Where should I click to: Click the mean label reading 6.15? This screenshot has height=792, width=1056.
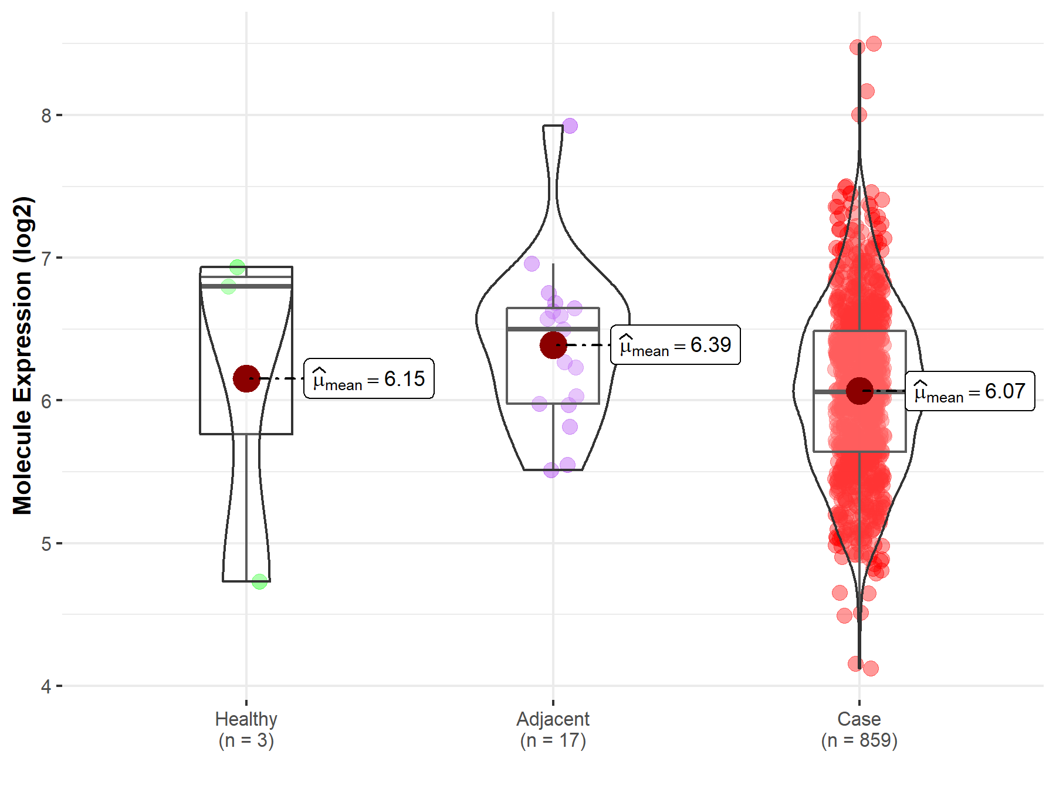[369, 379]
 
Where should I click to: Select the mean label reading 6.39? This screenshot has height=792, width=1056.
[675, 345]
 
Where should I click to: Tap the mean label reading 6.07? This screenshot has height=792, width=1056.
[970, 391]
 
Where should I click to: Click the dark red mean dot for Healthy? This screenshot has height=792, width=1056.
[246, 378]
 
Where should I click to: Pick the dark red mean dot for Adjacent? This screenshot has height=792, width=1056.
[553, 345]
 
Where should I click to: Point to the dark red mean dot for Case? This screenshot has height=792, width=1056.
[859, 391]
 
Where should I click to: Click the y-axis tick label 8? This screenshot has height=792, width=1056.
[46, 116]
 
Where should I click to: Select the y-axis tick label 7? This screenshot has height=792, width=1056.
[46, 258]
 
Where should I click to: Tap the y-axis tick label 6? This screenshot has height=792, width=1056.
[46, 401]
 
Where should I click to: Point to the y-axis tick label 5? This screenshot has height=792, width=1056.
[46, 544]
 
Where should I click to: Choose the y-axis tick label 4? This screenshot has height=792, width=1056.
[46, 686]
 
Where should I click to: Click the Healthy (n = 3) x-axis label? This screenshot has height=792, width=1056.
[246, 730]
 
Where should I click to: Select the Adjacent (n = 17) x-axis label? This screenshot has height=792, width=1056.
[553, 730]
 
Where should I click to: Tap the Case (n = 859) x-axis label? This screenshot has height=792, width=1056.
[859, 730]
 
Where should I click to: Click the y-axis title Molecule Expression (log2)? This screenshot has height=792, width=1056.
[22, 356]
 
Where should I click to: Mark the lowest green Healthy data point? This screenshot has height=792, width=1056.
[259, 582]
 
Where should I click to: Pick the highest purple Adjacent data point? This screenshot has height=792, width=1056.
[570, 126]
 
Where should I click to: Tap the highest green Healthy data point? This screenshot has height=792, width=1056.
[237, 268]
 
